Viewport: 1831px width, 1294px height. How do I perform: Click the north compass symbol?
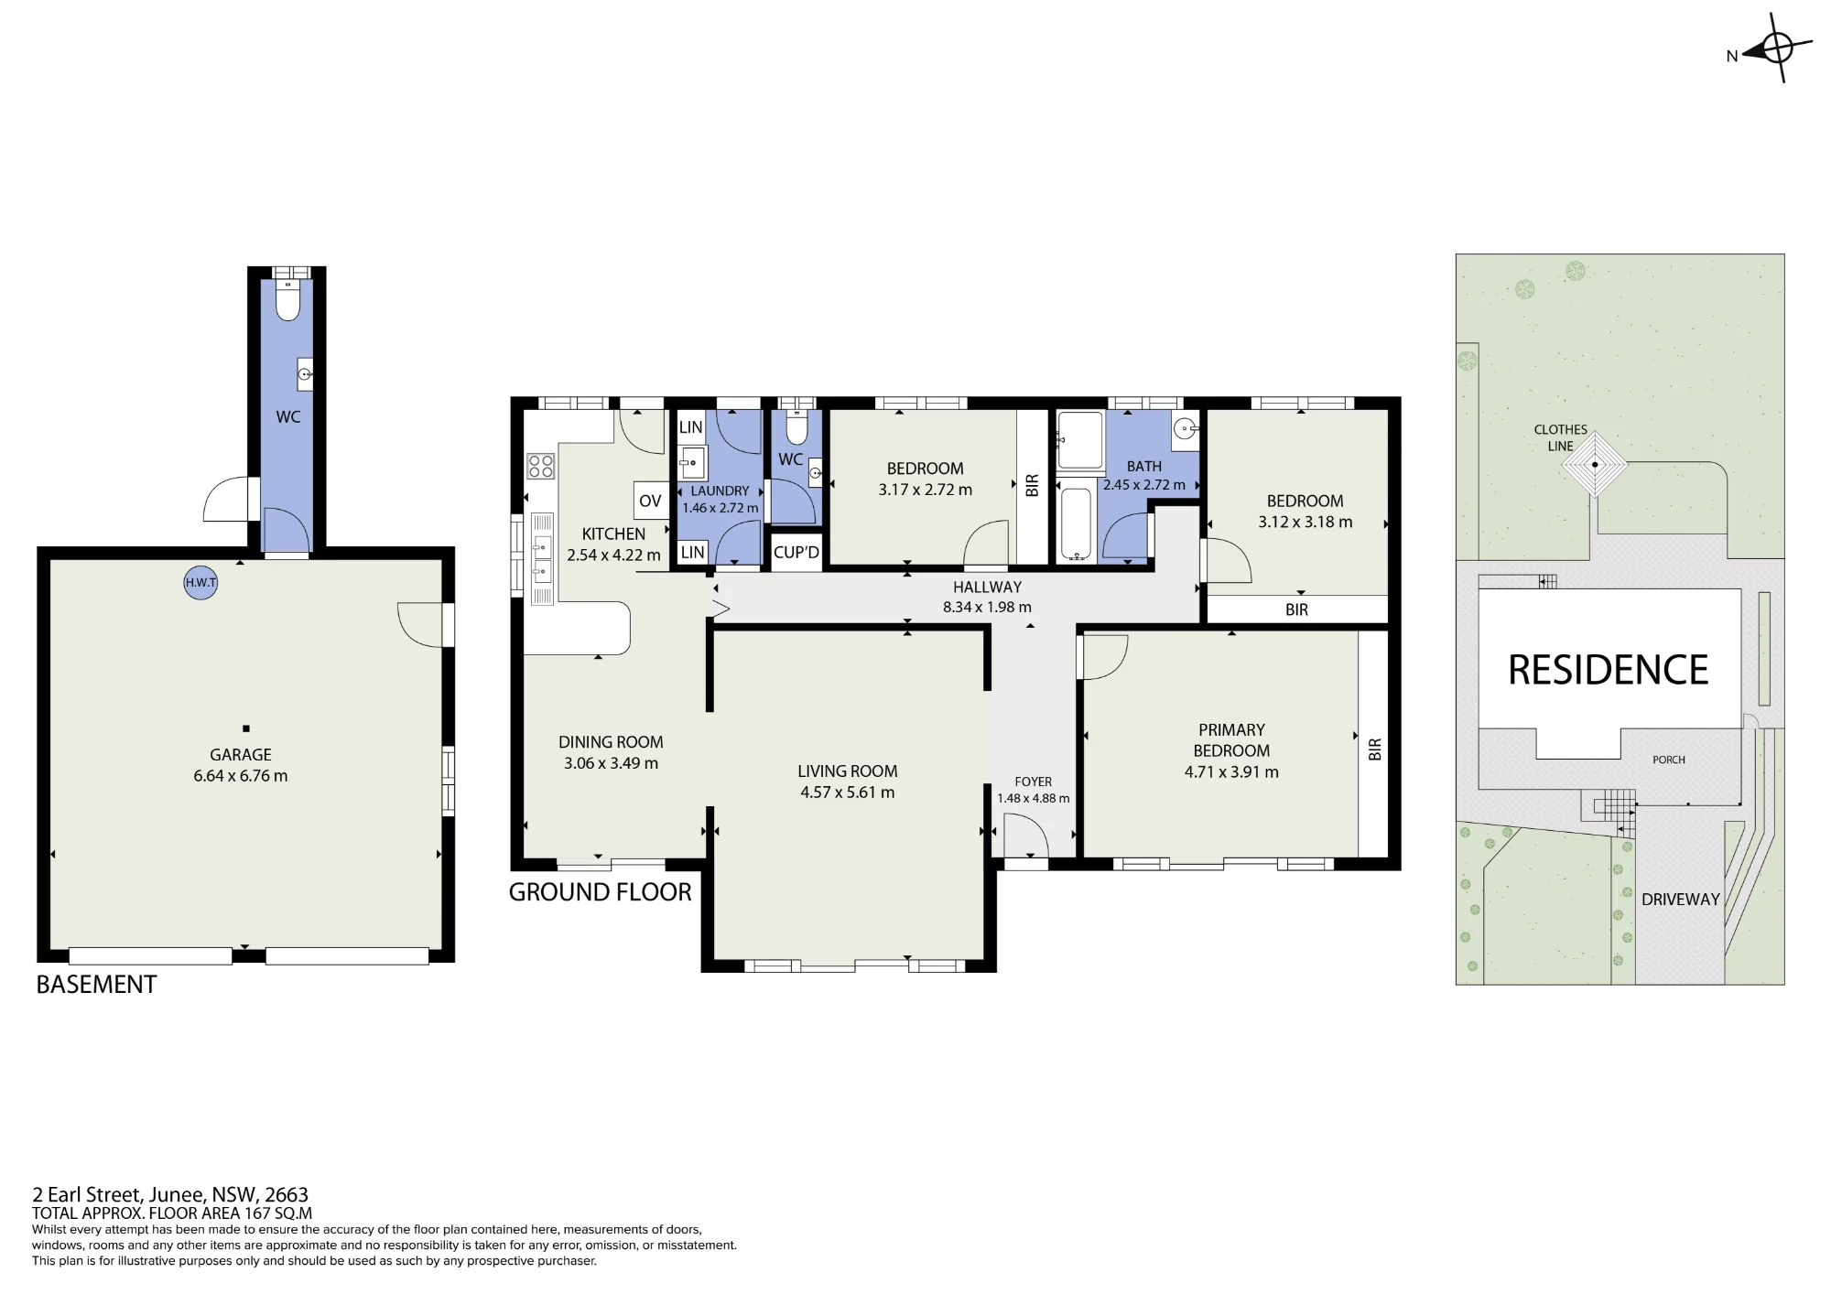[1776, 48]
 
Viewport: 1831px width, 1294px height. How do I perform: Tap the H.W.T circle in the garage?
[200, 583]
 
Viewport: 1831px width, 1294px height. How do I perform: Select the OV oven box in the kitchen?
[650, 501]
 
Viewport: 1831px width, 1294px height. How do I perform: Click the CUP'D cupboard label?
[796, 552]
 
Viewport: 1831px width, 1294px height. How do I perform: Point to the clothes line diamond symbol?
[1595, 465]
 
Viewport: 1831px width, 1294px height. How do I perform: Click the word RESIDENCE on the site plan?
[1608, 670]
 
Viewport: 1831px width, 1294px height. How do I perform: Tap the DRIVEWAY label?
[1681, 900]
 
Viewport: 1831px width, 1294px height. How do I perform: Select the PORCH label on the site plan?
[1669, 760]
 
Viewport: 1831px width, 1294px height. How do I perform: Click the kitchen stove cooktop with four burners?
[541, 466]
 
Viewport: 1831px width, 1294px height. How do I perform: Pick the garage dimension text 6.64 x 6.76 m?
[241, 776]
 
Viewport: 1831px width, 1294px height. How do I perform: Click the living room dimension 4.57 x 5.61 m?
[848, 793]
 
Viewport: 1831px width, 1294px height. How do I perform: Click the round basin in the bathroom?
[1186, 426]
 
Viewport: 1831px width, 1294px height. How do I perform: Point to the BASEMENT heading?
[96, 985]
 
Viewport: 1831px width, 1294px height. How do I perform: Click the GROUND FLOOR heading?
[601, 892]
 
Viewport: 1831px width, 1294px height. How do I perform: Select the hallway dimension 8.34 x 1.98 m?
[987, 607]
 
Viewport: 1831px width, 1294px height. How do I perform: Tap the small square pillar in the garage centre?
[246, 728]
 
